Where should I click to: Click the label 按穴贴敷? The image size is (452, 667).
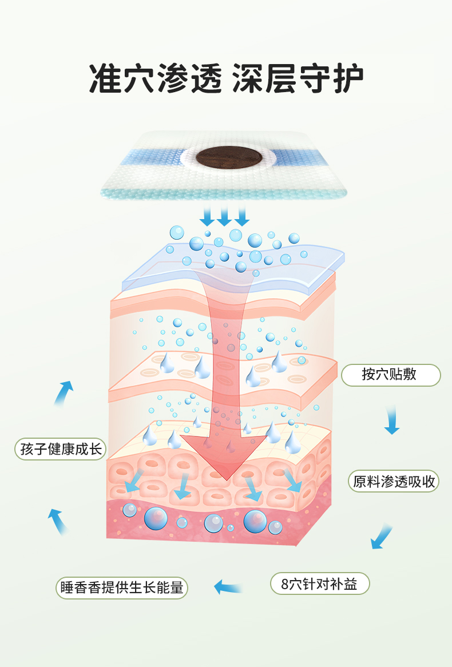point(391,375)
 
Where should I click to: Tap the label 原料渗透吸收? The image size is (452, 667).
point(394,481)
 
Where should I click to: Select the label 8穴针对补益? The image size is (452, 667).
point(319,584)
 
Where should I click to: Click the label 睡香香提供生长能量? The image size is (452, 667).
point(121,587)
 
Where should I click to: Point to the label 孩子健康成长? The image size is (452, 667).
point(60,448)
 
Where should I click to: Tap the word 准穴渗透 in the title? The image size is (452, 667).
point(154,78)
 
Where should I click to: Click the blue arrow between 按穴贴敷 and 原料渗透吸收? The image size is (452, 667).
point(391,420)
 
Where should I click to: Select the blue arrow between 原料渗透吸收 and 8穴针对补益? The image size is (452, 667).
point(381,537)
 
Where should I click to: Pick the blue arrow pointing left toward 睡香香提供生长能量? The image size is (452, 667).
point(228,586)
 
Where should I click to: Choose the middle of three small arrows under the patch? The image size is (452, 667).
point(224,216)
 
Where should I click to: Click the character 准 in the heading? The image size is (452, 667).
point(105,78)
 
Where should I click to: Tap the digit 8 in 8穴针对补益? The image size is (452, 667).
point(285,584)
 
